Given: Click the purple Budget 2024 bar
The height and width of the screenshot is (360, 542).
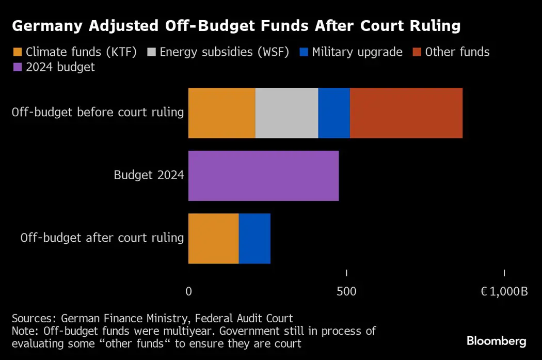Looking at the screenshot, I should coord(263,176).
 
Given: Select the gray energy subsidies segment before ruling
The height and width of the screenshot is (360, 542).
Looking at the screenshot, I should coord(286,113).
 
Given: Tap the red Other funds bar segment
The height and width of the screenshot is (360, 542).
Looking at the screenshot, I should coord(406,113).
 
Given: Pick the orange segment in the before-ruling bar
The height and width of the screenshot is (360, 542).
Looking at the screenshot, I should coord(221,113).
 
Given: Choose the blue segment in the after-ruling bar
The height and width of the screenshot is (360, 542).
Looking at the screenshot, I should coord(254,238).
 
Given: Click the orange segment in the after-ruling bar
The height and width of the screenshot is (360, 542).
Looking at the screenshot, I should coord(213,238).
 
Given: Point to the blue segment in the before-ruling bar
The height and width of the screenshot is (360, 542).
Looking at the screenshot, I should coord(334,113).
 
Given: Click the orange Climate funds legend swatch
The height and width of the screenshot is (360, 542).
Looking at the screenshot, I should coord(18,52).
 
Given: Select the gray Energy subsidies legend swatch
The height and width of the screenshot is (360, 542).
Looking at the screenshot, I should coord(152,52).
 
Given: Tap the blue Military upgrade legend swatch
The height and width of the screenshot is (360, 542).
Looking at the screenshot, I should coord(304,52).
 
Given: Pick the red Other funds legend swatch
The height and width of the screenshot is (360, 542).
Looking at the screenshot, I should coord(417,52).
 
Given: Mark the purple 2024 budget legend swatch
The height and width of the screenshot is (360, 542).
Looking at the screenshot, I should coord(18,67).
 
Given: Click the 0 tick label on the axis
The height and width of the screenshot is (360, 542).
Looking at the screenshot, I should coord(188,292).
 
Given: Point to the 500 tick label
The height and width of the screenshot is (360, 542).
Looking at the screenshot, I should coord(346,292).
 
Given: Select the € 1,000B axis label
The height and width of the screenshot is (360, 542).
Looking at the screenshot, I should coord(504,292).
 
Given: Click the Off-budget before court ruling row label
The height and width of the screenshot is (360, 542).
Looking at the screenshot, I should coord(98,113).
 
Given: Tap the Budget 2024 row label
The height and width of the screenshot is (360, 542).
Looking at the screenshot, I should coord(149,175).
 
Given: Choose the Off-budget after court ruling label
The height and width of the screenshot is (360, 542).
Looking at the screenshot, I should coord(102,238).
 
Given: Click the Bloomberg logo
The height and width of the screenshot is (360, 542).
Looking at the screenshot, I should coord(496,341).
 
